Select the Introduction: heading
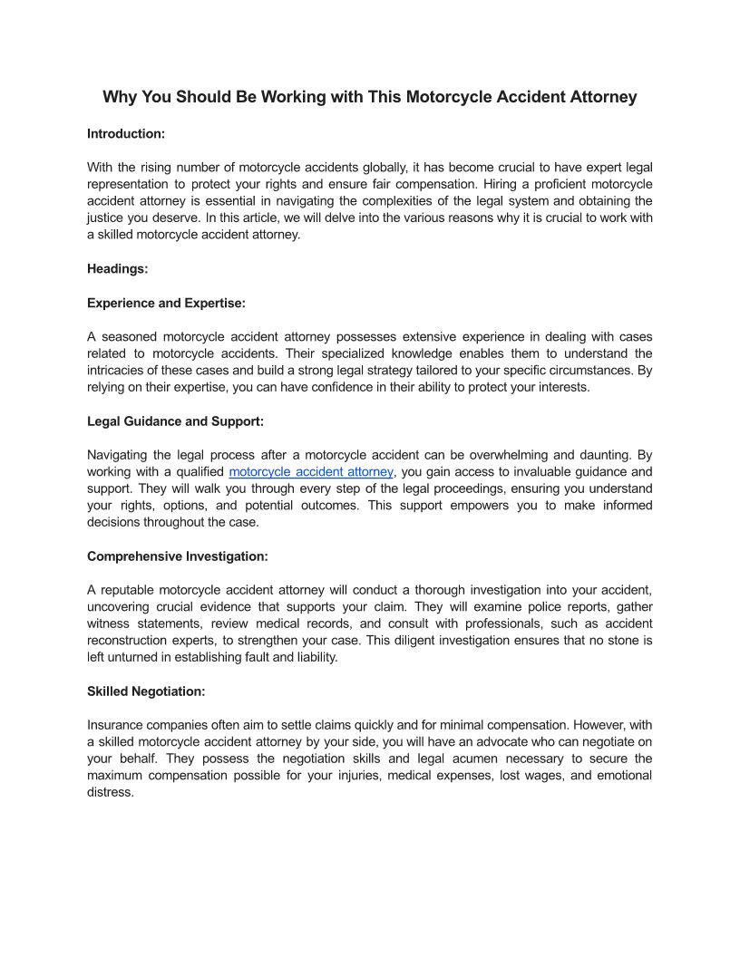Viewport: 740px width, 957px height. point(126,133)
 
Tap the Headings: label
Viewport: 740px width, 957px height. point(118,268)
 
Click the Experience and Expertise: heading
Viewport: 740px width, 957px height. point(166,303)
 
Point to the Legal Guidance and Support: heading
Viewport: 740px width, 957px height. point(175,420)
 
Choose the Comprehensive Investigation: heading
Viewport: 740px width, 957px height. point(178,556)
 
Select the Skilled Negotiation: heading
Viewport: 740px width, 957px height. point(146,691)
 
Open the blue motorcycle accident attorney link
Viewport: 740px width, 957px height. point(311,472)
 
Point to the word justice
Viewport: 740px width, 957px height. point(106,217)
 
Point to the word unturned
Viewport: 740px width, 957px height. point(132,657)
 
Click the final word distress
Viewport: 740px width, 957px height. point(111,792)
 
